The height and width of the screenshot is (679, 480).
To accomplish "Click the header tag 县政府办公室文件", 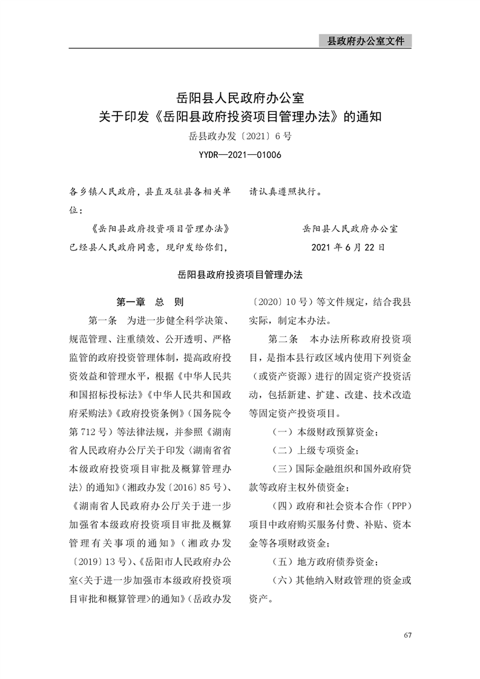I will click(x=365, y=41).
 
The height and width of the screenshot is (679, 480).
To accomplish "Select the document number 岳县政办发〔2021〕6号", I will click(x=240, y=136).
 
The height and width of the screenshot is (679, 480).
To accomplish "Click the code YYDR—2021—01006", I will click(x=240, y=155).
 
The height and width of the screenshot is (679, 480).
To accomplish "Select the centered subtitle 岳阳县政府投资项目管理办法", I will click(x=240, y=274).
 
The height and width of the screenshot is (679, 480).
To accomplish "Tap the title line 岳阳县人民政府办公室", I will click(x=240, y=96).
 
